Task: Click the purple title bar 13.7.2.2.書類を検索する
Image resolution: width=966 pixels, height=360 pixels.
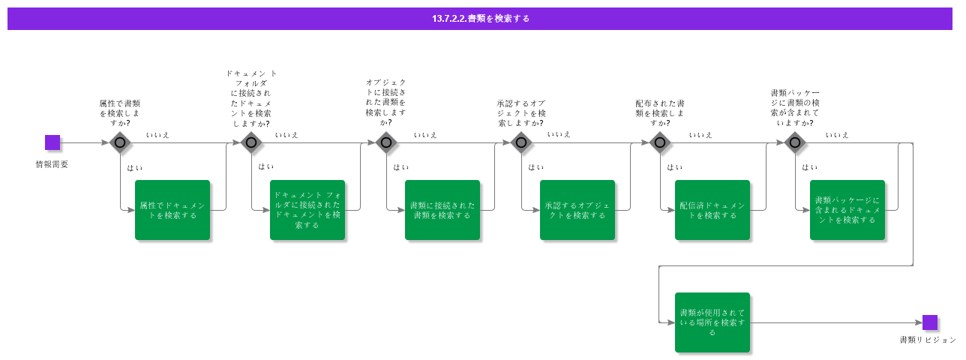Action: click(480, 19)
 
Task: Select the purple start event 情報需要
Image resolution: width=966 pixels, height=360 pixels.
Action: click(52, 142)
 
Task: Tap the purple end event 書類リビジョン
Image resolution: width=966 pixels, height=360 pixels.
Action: click(930, 322)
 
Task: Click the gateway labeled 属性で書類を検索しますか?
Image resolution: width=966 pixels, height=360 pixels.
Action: click(119, 142)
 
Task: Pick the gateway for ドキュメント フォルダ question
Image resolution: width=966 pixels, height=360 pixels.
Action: click(251, 142)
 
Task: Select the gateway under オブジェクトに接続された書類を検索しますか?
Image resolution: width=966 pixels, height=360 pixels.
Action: click(385, 142)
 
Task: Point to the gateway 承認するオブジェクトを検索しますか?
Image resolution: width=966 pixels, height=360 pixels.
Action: click(521, 142)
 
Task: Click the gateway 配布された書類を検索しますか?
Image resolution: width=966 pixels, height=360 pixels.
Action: click(659, 142)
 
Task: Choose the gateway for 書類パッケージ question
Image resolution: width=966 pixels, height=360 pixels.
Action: click(794, 142)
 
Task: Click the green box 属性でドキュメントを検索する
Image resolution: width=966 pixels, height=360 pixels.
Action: click(172, 210)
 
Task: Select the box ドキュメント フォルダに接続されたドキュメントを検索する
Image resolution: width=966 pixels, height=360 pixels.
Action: click(307, 210)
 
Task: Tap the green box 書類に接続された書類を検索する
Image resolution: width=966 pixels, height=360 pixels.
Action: click(442, 210)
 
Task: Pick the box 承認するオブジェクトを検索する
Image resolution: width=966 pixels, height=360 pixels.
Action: click(577, 210)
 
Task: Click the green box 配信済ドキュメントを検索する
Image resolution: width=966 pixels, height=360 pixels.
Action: click(712, 210)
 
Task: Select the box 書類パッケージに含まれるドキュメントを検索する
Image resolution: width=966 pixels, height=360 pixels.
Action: click(847, 210)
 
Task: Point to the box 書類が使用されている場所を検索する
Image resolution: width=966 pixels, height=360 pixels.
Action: click(712, 322)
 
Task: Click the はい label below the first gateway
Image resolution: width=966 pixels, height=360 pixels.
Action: click(135, 167)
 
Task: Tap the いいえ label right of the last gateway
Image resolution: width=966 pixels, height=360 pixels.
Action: click(837, 135)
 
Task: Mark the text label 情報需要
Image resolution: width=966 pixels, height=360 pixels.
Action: click(52, 164)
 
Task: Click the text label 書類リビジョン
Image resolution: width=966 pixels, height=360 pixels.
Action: click(928, 340)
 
